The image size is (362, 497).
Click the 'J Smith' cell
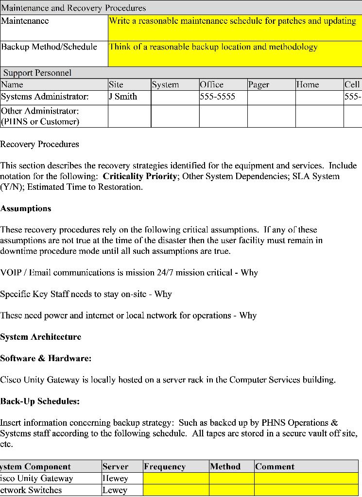click(x=123, y=97)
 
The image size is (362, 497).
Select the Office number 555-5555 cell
click(x=218, y=97)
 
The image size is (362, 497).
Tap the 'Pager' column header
click(x=259, y=85)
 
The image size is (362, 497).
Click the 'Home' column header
click(x=308, y=85)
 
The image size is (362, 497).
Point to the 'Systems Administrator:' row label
click(x=45, y=97)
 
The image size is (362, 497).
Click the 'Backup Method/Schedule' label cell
click(x=49, y=47)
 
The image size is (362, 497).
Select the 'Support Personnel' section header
click(x=37, y=73)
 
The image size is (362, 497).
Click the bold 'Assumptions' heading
click(x=26, y=209)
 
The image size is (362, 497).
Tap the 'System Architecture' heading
click(x=41, y=337)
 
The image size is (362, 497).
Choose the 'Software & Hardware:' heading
click(x=46, y=358)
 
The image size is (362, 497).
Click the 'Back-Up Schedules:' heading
click(x=40, y=401)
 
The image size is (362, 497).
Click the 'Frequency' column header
click(x=165, y=467)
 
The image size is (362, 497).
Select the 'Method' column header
click(x=225, y=467)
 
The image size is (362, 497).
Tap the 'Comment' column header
click(x=275, y=467)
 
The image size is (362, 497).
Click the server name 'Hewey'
click(x=115, y=479)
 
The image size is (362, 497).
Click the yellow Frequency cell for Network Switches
click(x=176, y=490)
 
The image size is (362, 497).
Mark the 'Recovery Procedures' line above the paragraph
click(x=39, y=144)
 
